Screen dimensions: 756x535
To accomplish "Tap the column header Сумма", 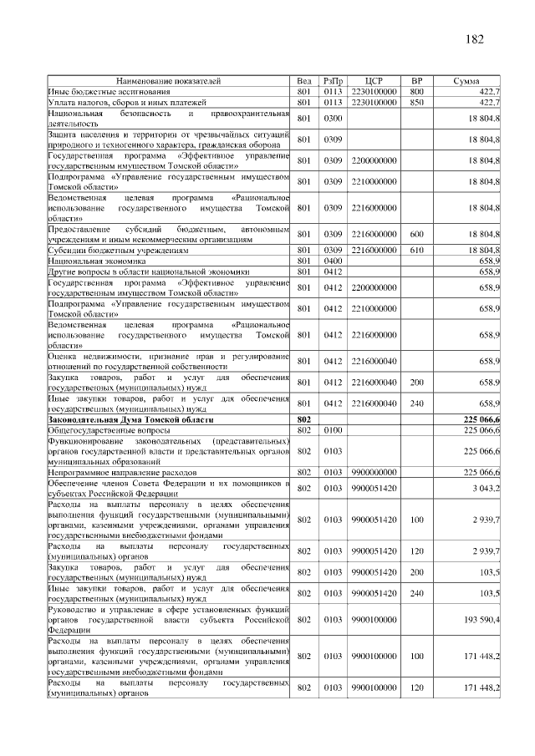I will pos(466,81).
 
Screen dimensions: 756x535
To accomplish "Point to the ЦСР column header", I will pos(374,81).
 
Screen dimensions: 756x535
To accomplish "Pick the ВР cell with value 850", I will pos(417,102).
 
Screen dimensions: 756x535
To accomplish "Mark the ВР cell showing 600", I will pos(417,235).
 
